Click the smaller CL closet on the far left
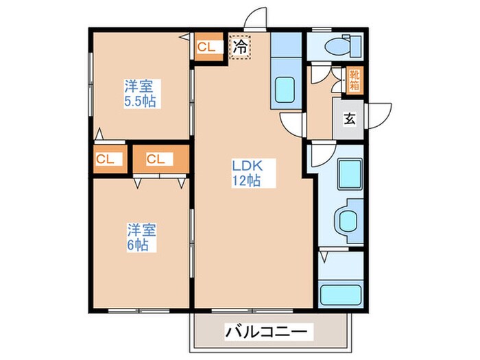(106, 159)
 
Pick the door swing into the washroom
(321, 155)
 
